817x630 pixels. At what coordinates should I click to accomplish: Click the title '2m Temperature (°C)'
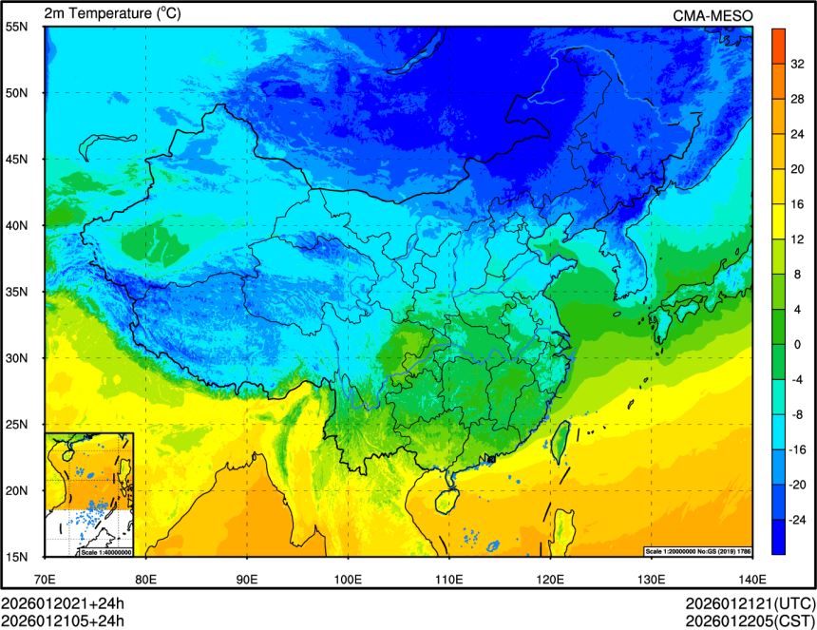112,13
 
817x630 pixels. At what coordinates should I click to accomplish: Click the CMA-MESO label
712,15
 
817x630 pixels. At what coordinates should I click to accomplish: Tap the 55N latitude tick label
16,27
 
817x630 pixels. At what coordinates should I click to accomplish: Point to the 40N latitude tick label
16,226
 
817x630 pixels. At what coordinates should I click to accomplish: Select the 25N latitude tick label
16,425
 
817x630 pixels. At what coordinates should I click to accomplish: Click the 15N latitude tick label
16,557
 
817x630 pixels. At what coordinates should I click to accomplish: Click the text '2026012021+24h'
63,603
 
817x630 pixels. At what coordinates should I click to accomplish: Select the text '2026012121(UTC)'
750,603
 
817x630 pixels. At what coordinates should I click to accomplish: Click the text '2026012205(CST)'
750,620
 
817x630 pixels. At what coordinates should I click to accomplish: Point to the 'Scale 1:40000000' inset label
105,552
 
